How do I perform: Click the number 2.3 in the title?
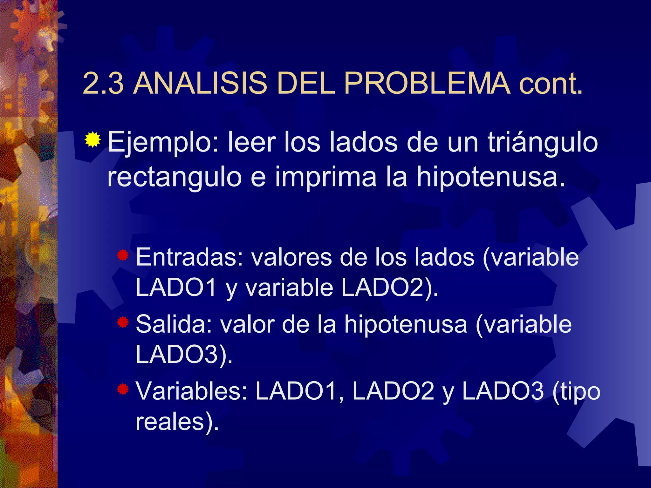pyautogui.click(x=103, y=83)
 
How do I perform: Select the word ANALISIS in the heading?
pyautogui.click(x=200, y=83)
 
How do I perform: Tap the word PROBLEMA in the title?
pyautogui.click(x=427, y=83)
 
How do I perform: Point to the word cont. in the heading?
pyautogui.click(x=551, y=84)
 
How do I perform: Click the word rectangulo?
pyautogui.click(x=175, y=178)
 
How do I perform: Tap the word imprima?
pyautogui.click(x=325, y=178)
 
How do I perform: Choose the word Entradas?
pyautogui.click(x=190, y=257)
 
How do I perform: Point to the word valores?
pyautogui.click(x=292, y=257)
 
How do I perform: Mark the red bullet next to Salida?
pyautogui.click(x=123, y=322)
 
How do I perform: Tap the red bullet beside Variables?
pyautogui.click(x=123, y=389)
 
